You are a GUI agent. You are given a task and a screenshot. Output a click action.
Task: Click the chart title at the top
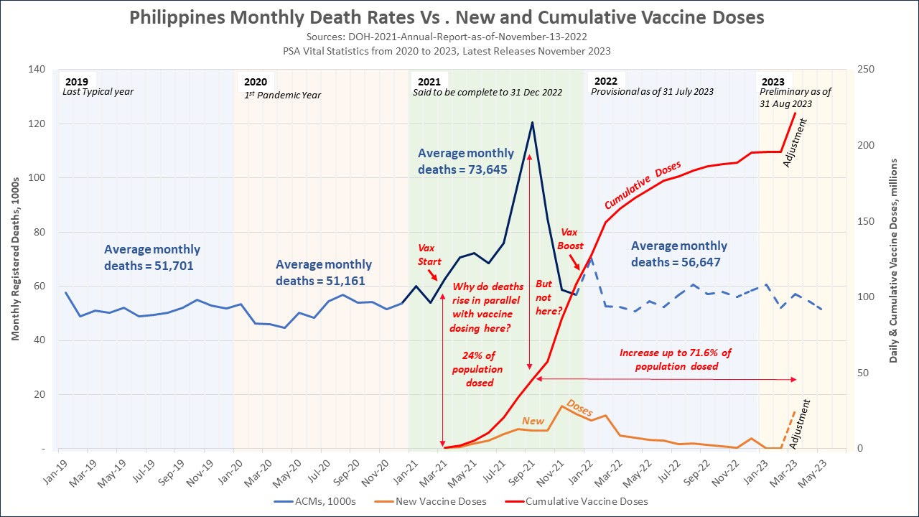pos(447,17)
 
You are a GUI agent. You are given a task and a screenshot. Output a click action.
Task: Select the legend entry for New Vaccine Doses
pos(440,501)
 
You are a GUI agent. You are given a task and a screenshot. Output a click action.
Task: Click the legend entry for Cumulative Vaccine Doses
pos(586,501)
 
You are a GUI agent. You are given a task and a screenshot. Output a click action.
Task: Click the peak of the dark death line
pos(532,122)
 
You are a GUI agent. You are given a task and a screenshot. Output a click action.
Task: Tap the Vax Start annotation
pos(429,254)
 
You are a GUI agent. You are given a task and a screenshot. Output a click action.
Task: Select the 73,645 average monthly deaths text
pos(466,162)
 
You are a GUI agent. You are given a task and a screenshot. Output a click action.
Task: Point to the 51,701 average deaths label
pos(152,257)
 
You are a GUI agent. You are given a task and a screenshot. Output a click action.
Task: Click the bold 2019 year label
pos(78,82)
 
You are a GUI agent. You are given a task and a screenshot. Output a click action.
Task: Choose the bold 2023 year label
pos(773,82)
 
